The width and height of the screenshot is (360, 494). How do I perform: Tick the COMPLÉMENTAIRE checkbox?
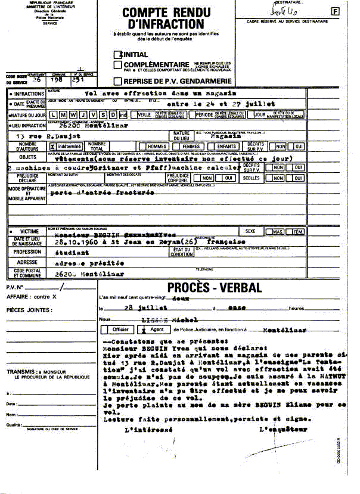118,65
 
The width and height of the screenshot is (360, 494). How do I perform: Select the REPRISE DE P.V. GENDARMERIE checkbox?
118,81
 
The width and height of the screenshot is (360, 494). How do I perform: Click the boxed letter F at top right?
335,11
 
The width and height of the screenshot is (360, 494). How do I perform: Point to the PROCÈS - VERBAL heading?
215,288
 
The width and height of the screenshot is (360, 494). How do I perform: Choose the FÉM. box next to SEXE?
297,232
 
